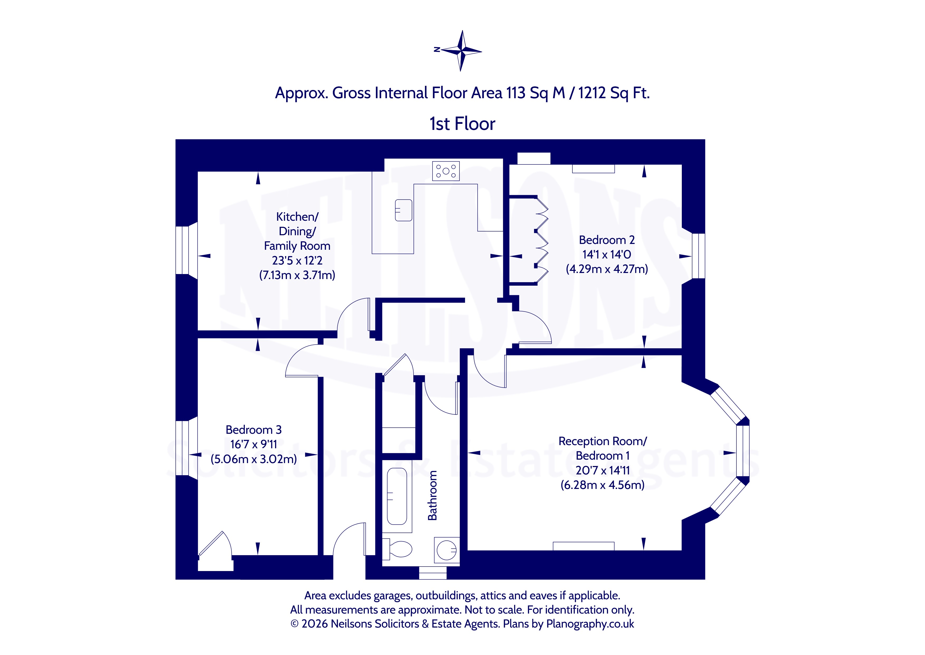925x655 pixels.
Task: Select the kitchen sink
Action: pyautogui.click(x=403, y=210)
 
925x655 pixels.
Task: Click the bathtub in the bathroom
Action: pyautogui.click(x=397, y=496)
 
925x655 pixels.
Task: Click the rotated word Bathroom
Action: pyautogui.click(x=432, y=495)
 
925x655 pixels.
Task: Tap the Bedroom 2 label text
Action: pyautogui.click(x=607, y=240)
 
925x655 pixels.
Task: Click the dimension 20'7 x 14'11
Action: pyautogui.click(x=602, y=470)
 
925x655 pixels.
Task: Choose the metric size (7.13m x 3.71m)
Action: pyautogui.click(x=297, y=275)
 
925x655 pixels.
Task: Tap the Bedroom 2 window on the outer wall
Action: pyautogui.click(x=699, y=256)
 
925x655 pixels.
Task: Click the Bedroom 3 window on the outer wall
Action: pyautogui.click(x=183, y=448)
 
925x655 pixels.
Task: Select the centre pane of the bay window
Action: pyautogui.click(x=742, y=451)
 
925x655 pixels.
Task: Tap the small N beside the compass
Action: pyautogui.click(x=437, y=49)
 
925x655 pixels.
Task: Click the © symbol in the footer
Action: pyautogui.click(x=295, y=624)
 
